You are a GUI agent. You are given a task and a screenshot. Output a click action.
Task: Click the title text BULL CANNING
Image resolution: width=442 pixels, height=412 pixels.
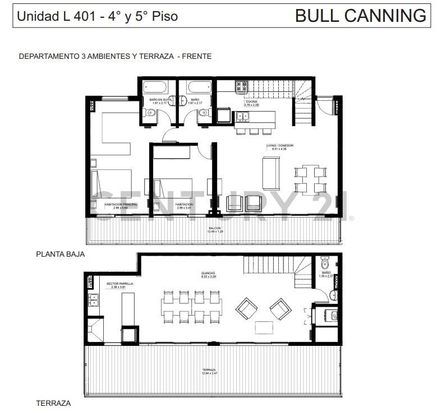(360, 16)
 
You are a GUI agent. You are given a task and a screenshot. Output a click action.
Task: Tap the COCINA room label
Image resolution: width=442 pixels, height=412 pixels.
(251, 101)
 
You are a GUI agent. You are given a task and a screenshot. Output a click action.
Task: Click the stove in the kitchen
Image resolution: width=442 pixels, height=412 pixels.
(242, 87)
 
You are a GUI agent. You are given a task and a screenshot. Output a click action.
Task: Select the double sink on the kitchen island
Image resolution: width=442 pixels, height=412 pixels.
(243, 117)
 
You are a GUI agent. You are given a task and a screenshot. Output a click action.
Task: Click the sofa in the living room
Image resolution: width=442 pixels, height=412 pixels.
(271, 173)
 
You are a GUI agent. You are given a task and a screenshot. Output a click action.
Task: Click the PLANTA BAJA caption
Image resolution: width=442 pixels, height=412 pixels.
(60, 253)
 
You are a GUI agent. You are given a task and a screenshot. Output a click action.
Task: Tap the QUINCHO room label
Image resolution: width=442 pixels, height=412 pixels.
(208, 274)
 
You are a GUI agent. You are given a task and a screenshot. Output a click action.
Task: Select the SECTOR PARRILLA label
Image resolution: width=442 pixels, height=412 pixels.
(119, 284)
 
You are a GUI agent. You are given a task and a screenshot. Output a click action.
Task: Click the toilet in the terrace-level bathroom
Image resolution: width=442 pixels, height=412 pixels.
(324, 263)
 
